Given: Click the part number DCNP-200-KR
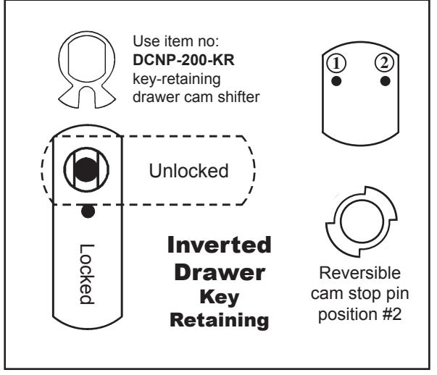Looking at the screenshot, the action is click(183, 60).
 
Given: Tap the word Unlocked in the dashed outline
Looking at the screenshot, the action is click(188, 170).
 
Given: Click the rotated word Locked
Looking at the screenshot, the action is click(87, 274).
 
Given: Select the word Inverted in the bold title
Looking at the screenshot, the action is click(220, 245).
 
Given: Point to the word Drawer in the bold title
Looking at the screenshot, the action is click(220, 272).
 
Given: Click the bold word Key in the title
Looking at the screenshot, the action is click(220, 298).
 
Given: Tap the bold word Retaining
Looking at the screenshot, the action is click(220, 320).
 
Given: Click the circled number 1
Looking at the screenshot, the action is click(336, 63).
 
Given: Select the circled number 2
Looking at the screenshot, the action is click(384, 62).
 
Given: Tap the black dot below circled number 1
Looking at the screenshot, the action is click(336, 81).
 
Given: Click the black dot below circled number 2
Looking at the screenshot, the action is click(385, 81).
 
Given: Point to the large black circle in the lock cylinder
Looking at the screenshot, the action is click(86, 170).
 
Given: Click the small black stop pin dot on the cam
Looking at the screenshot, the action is click(88, 211).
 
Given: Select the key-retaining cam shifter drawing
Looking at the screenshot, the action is click(87, 69).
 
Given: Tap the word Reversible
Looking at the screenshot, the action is click(359, 273).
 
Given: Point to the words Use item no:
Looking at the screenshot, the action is click(176, 41).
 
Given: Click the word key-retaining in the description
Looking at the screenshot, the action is click(176, 79).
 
